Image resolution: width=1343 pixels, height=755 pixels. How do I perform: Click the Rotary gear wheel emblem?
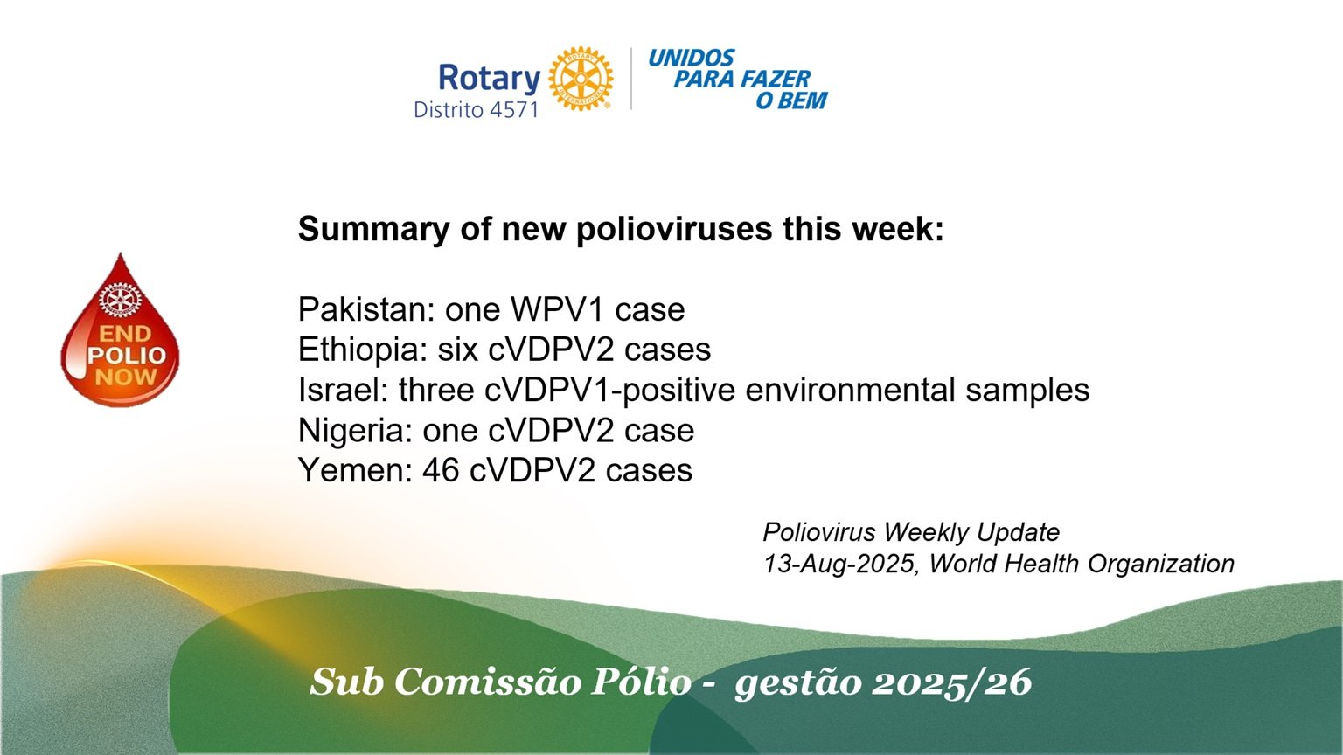click(581, 79)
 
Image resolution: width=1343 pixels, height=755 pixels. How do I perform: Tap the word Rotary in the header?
click(490, 79)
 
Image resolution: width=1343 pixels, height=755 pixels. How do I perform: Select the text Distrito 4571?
click(476, 109)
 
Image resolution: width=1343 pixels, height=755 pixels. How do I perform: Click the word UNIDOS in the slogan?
click(692, 59)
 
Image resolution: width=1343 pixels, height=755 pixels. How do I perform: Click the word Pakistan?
click(365, 309)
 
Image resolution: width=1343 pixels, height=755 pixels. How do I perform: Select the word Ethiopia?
click(362, 350)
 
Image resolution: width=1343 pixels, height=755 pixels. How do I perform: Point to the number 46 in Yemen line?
click(441, 470)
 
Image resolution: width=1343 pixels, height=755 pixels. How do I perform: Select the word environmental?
click(850, 390)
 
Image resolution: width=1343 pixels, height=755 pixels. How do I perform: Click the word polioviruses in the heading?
click(674, 230)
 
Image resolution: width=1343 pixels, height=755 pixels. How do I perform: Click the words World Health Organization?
click(1082, 564)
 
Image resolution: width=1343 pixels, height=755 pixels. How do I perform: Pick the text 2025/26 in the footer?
click(951, 682)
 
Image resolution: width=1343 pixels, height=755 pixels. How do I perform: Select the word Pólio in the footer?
click(641, 682)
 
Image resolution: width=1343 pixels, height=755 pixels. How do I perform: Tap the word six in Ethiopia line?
click(457, 350)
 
